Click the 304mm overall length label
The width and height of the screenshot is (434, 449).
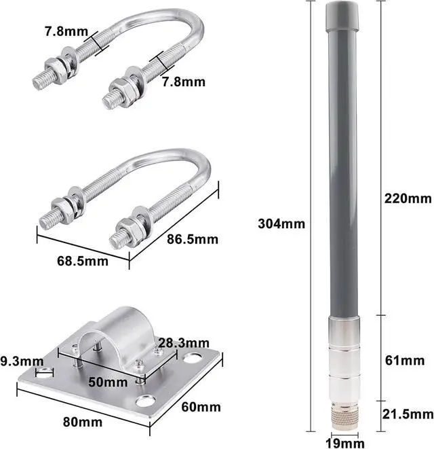point(281,223)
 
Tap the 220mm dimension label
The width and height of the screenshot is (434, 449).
point(408,198)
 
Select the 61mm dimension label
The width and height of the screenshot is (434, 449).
point(405,361)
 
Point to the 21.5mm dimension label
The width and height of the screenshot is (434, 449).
point(408,414)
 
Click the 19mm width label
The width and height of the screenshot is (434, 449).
point(345,443)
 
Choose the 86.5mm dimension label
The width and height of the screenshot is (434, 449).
point(193,239)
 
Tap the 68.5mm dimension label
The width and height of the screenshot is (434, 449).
point(83,261)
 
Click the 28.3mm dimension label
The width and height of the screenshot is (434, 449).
point(184,343)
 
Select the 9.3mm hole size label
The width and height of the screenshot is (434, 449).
point(22,361)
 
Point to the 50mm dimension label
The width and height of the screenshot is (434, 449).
point(108,382)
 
